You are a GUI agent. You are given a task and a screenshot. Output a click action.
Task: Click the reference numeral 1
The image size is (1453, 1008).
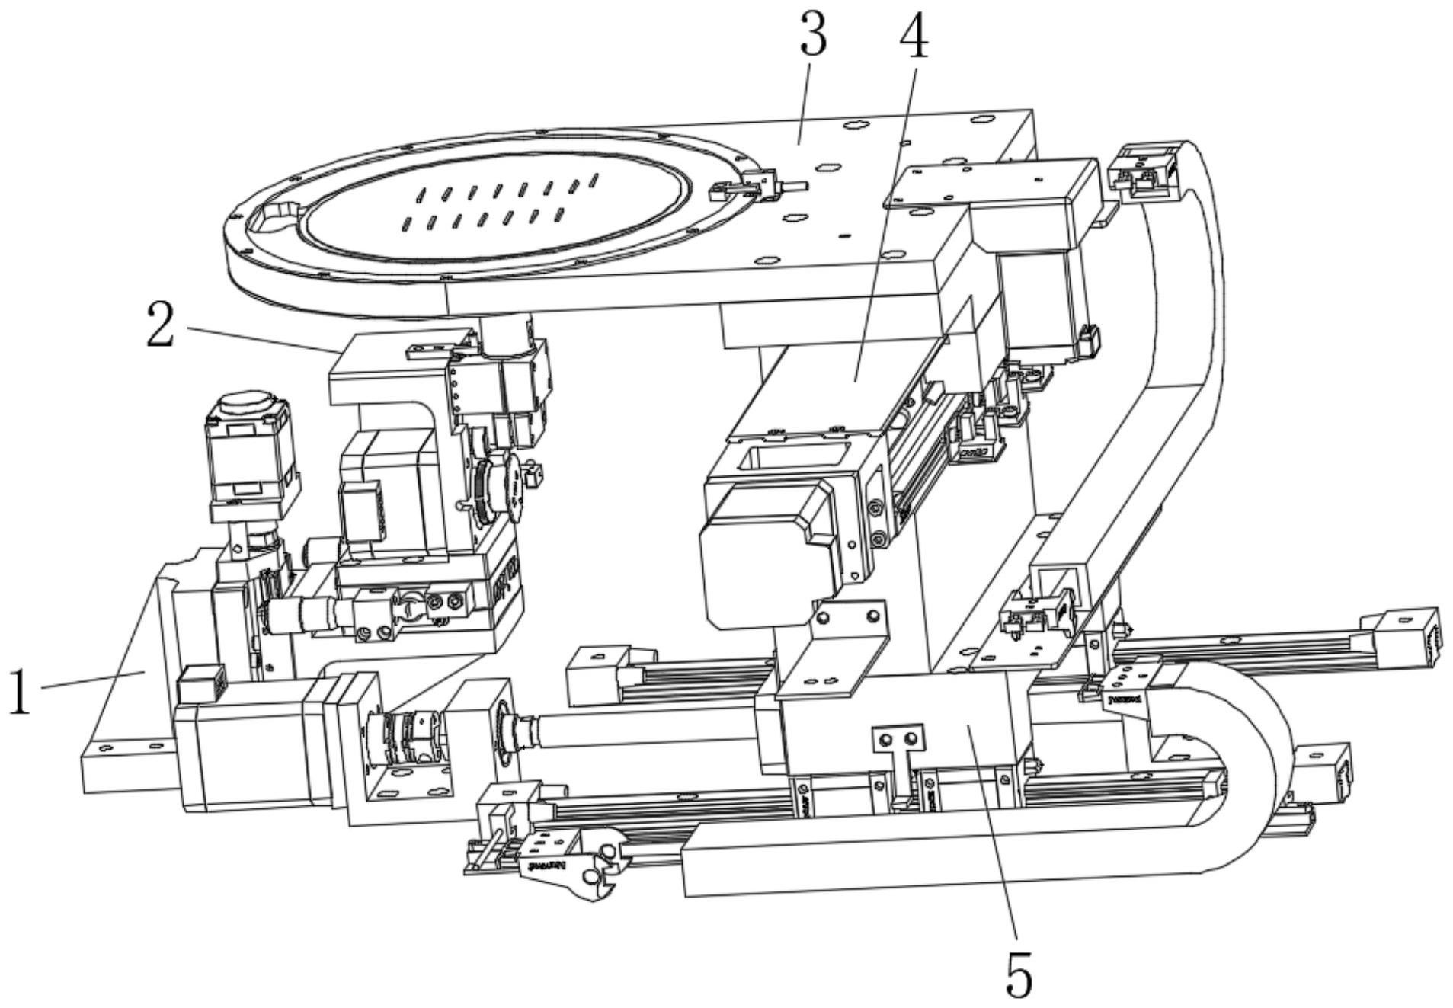[x=21, y=690]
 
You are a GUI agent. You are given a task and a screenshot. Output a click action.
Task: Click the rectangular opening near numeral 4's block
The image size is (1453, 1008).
[x=792, y=459]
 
